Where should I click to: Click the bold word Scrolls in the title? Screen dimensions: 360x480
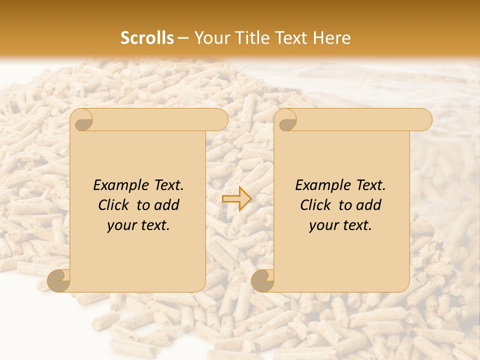(147, 38)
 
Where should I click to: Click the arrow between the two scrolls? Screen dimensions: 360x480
(236, 199)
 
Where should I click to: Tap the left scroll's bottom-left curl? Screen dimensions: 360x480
(59, 280)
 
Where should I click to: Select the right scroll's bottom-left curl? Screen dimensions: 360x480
(263, 280)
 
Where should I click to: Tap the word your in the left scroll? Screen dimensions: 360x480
(121, 225)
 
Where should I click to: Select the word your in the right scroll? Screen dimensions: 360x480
(323, 225)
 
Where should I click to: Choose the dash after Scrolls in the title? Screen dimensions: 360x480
(183, 38)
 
